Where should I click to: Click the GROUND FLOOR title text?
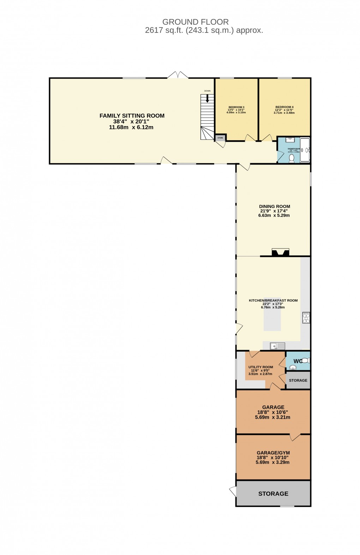(x=195, y=22)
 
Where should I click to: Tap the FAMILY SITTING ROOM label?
(x=132, y=115)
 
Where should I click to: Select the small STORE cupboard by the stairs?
(x=220, y=138)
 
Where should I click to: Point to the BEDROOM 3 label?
(x=236, y=107)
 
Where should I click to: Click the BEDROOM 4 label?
(x=284, y=107)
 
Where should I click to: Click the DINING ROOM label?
(x=274, y=207)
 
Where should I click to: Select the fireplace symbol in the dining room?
(x=280, y=252)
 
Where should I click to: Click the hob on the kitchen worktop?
(x=306, y=318)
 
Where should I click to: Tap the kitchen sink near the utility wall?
(x=277, y=346)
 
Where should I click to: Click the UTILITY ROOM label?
(x=260, y=367)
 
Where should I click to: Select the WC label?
(x=298, y=361)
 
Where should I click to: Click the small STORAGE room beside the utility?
(x=298, y=380)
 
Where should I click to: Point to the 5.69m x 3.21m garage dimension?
(x=272, y=417)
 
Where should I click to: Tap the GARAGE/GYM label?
(x=273, y=453)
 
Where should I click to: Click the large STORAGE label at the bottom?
(x=273, y=494)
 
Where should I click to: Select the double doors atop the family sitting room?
(x=178, y=75)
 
